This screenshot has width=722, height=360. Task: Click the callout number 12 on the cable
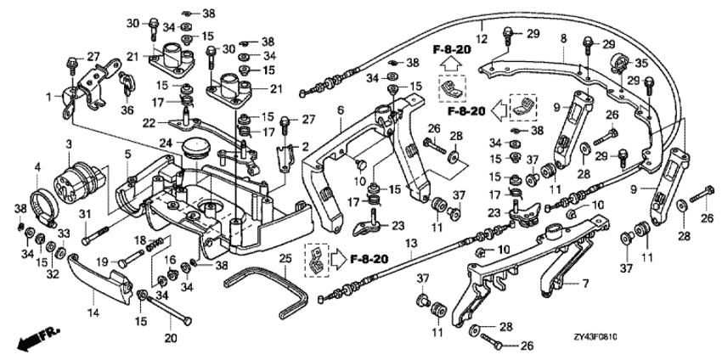click(x=480, y=38)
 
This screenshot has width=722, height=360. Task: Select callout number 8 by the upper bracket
click(x=562, y=38)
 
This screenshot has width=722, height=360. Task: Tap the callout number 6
click(x=339, y=110)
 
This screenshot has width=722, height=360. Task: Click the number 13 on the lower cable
click(x=410, y=244)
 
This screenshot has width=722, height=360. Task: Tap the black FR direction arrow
click(x=32, y=340)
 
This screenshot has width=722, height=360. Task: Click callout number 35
click(x=642, y=63)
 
